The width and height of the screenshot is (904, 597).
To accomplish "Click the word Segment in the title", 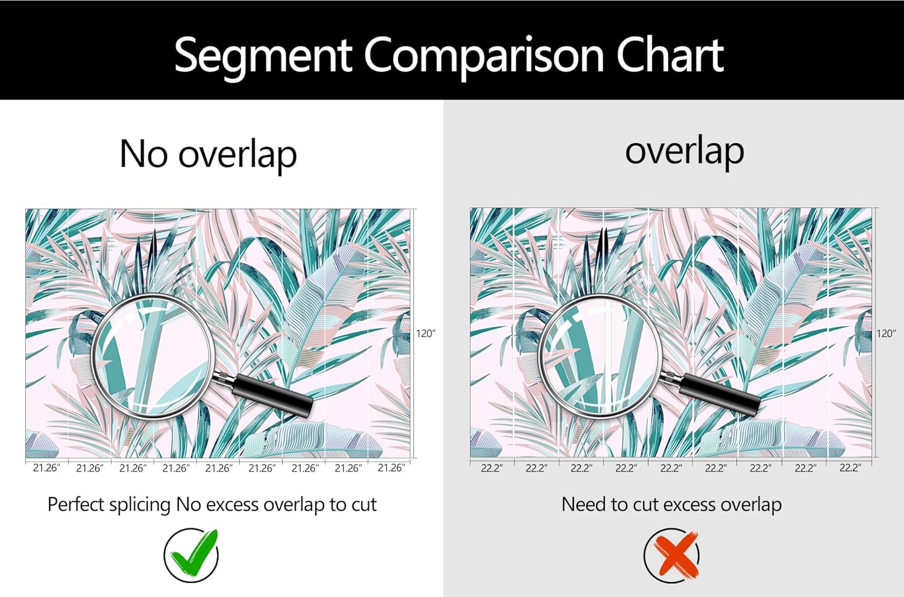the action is pos(263,56).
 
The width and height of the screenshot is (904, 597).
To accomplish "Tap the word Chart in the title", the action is pos(670,54).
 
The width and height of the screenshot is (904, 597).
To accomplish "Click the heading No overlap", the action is pos(209,155).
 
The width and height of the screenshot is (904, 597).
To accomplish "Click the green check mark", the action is pos(192,552).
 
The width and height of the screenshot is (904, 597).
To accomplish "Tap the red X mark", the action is pos(675,555).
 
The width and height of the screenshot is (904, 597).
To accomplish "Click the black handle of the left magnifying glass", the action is pos(273,394).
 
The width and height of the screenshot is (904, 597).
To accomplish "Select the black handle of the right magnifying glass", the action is pos(720,395).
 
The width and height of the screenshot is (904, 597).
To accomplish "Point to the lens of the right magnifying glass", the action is pos(600,355).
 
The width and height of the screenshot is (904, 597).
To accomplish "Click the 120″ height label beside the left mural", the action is pos(425,333).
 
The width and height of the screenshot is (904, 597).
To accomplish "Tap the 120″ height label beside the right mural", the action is pos(886,333).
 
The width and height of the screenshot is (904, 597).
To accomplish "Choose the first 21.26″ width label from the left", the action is pos(46,468).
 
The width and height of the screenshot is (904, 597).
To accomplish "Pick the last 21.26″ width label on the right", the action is pos(391,468).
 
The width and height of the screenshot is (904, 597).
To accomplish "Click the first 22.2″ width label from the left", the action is pos(492,468).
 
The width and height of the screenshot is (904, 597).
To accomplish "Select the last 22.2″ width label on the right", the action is pos(850,468).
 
